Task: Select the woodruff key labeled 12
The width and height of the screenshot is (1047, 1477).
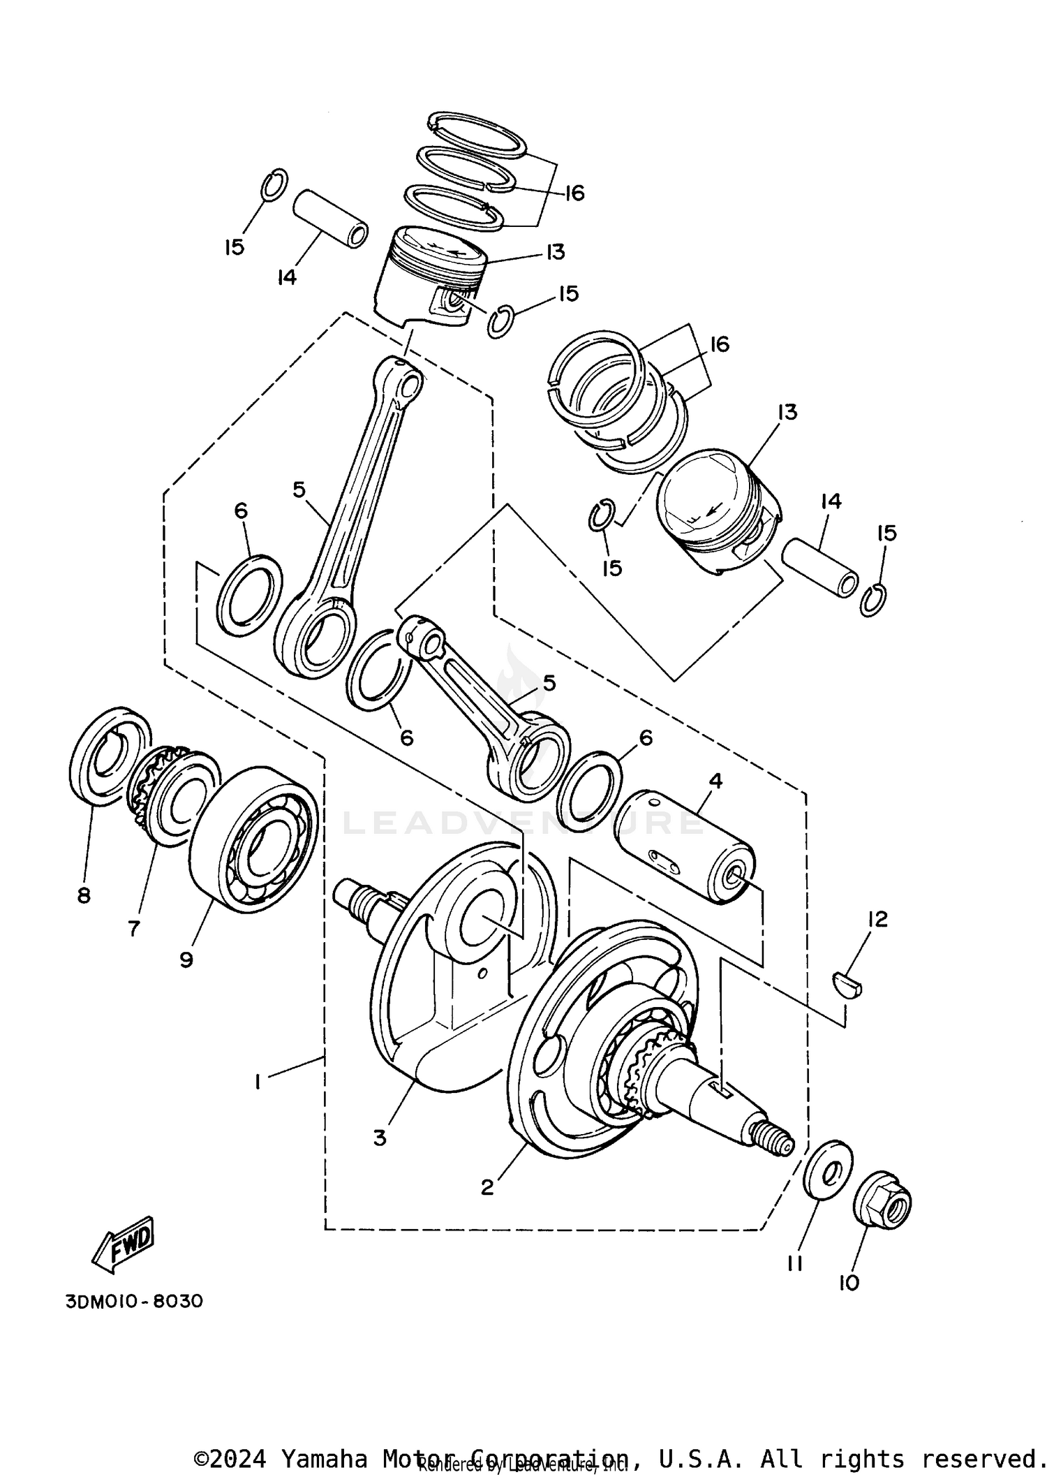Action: click(x=849, y=985)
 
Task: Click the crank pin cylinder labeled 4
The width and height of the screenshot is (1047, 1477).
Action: click(x=687, y=846)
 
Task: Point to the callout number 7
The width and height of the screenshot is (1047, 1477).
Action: click(x=133, y=928)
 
